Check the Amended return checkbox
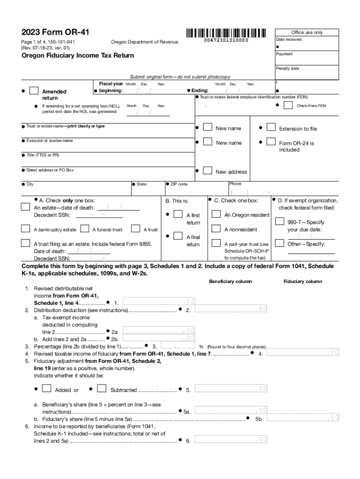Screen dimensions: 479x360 pos(34,91)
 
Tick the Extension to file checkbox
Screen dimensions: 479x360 pos(271,127)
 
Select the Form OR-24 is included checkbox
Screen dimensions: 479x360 pos(271,142)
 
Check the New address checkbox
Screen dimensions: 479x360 pos(208,171)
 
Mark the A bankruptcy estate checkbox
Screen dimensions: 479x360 pos(26,229)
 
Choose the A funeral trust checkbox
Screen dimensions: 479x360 pos(85,229)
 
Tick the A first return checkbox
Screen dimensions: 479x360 pos(178,214)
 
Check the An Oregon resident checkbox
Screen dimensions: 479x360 pos(216,214)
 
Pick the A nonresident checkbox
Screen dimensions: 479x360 pos(216,229)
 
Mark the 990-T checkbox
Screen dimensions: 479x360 pos(279,221)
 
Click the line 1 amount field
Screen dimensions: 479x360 pos(159,301)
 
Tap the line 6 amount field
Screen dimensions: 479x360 pos(231,439)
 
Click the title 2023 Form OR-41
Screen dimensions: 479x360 pos(55,32)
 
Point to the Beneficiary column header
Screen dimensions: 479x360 pos(230,282)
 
